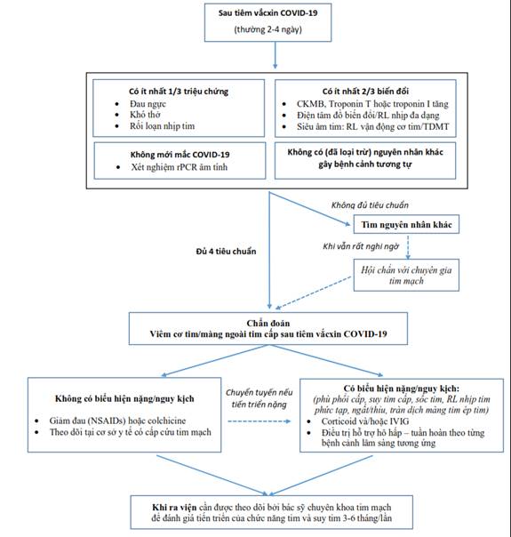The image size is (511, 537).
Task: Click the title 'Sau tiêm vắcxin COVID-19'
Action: pos(268,13)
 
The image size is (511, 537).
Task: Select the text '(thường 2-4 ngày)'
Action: pos(268,29)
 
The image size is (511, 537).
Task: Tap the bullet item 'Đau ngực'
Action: pos(148,104)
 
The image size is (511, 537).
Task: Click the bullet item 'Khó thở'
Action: pos(145,115)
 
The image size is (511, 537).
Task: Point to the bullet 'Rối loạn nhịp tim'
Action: pos(163,126)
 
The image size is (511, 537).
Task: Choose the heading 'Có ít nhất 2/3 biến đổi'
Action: pos(365,92)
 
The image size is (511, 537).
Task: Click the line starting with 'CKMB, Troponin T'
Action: pos(372,104)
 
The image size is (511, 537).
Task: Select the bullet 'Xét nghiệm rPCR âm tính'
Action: pos(180,167)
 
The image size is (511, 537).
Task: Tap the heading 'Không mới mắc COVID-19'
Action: pos(180,155)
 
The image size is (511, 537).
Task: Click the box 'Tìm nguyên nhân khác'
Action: pos(406,224)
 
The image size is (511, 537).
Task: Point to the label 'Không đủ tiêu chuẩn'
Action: pos(370,205)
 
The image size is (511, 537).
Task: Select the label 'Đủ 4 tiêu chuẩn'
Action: pos(226,252)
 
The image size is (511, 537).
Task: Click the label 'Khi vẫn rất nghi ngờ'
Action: pos(361,246)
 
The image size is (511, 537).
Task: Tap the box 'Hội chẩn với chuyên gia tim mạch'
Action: pos(406,275)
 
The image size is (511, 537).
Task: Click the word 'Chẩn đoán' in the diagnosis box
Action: pos(268,323)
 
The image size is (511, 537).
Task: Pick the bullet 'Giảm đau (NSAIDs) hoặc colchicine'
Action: pos(117,421)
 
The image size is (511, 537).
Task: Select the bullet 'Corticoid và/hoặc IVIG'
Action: pos(365,421)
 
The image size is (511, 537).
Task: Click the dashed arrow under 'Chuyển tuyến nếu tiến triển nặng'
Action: pos(259,421)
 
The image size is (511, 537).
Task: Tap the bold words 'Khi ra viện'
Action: pos(174,507)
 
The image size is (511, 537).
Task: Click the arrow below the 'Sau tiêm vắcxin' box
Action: pos(275,55)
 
